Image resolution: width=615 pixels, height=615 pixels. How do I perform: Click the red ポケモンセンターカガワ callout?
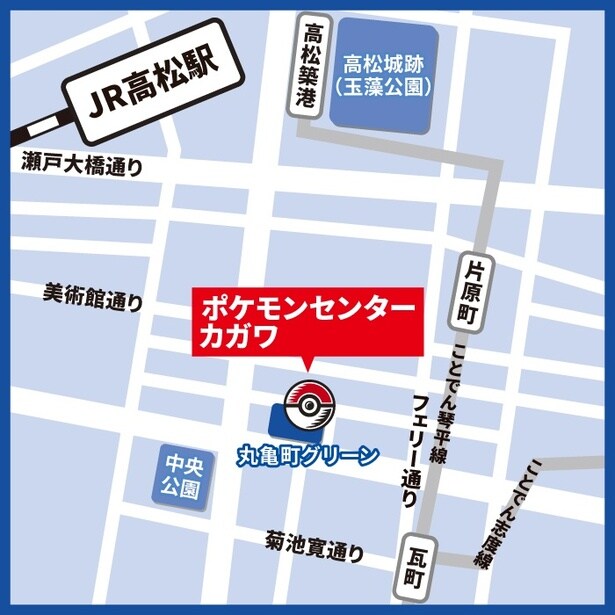coord(301,320)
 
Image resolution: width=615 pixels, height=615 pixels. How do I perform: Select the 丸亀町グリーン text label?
coord(308,456)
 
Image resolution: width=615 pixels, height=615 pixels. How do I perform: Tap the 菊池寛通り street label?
coord(314,546)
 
